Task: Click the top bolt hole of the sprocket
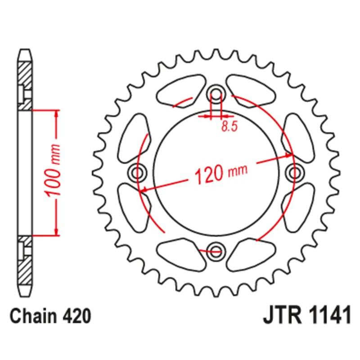tap(216, 94)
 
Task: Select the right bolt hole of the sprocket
tap(294, 171)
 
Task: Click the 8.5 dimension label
tap(229, 127)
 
